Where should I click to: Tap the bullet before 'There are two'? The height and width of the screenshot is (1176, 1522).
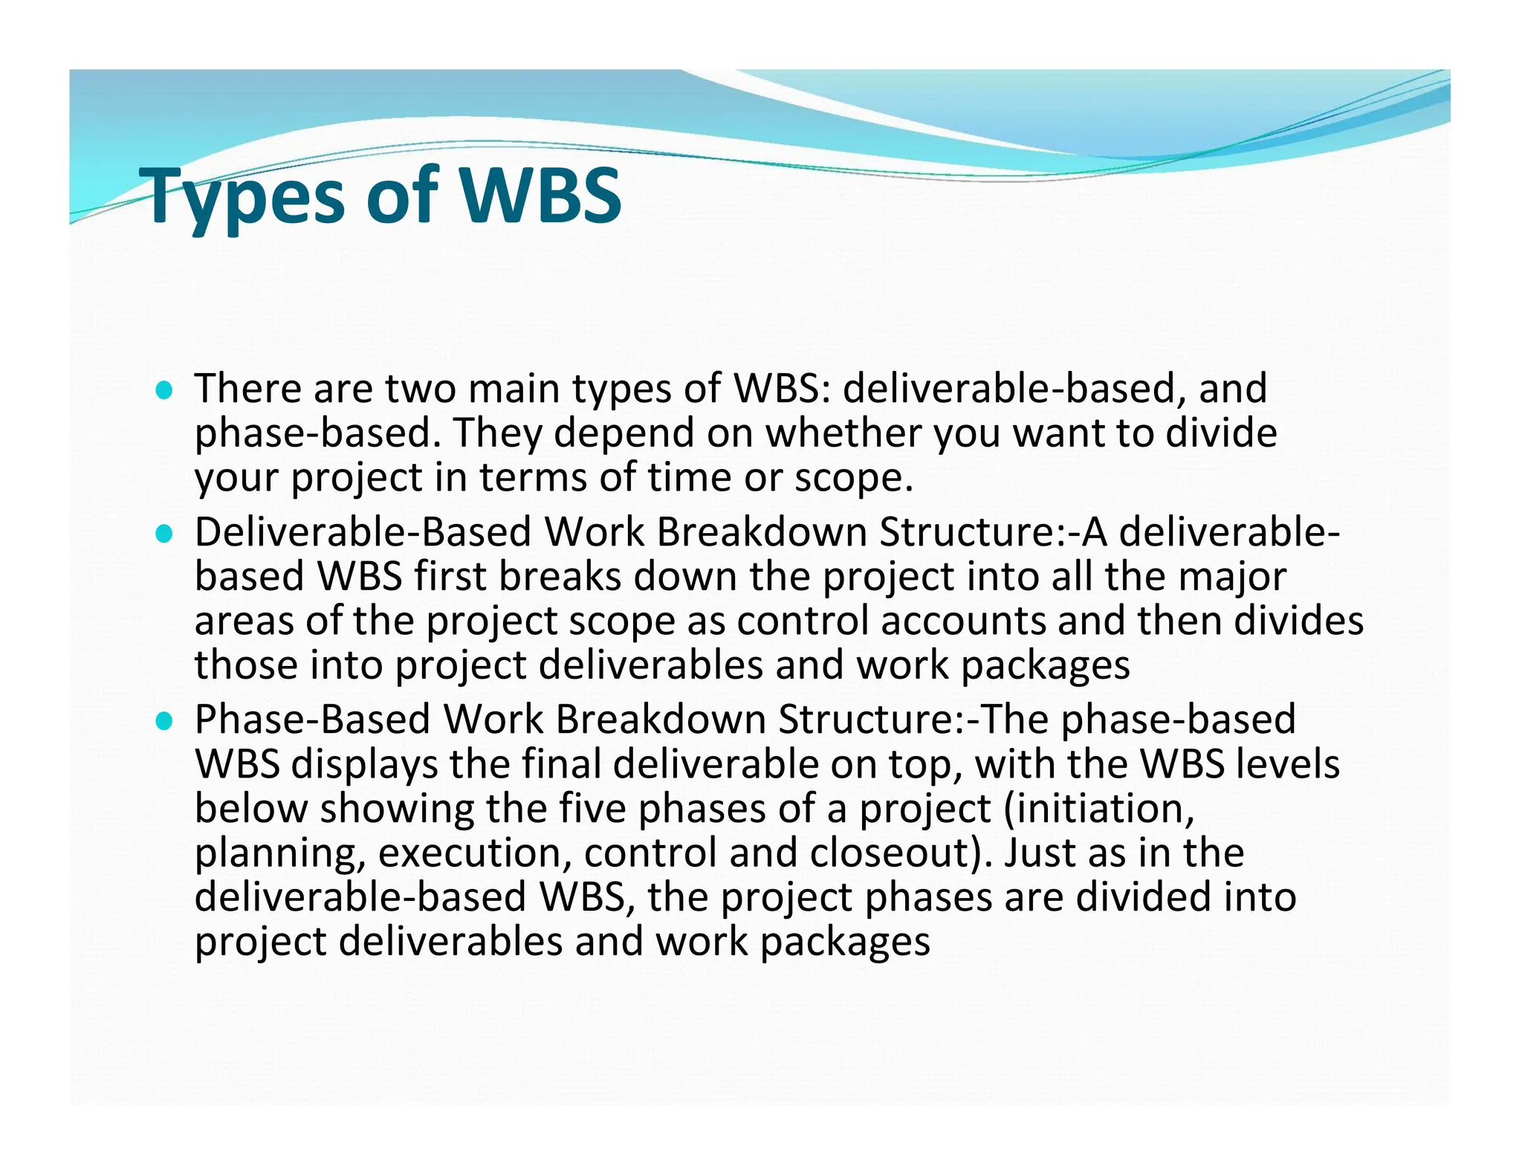[x=164, y=390]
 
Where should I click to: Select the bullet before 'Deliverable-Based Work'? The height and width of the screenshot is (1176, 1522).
[x=164, y=534]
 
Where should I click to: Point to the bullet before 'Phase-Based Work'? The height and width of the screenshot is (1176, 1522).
[x=164, y=721]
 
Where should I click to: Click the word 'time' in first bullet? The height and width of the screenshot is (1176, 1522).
[x=689, y=478]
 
